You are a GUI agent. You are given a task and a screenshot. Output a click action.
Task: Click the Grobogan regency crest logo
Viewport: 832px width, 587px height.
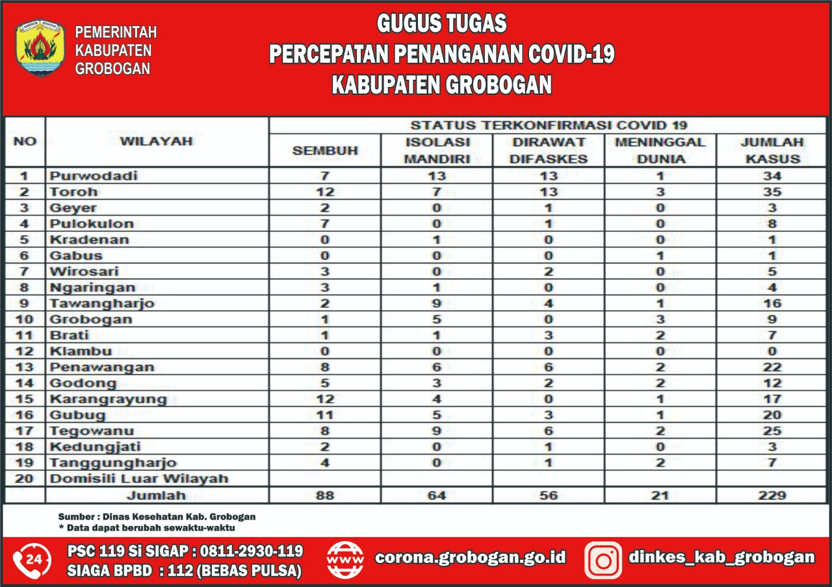[40, 47]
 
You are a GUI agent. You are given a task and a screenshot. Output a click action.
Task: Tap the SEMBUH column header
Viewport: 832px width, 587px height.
[325, 151]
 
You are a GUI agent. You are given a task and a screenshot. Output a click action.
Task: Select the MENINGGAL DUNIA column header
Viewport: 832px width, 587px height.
[660, 150]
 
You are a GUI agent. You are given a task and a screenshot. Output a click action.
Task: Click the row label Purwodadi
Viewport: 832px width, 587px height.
[94, 176]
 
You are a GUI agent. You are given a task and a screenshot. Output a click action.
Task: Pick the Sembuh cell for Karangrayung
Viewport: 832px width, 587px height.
[324, 399]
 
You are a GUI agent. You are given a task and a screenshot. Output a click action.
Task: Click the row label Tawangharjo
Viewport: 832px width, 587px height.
[102, 303]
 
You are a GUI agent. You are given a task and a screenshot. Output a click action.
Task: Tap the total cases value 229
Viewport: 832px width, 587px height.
[772, 495]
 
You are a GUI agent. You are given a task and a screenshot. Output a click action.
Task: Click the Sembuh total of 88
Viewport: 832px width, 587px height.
[324, 495]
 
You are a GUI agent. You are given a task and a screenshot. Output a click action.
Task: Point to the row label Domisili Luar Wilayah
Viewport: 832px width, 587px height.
[139, 479]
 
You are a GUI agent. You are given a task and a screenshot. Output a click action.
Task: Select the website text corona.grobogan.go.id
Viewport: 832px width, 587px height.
[471, 557]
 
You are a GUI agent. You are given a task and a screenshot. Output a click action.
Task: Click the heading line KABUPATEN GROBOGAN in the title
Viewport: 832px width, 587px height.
[442, 85]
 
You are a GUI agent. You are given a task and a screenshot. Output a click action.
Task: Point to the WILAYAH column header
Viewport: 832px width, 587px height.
[157, 141]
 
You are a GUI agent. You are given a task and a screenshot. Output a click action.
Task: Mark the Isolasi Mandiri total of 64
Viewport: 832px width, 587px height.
[437, 495]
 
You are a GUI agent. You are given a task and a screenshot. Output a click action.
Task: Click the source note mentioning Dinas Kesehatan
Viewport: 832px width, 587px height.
[157, 517]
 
